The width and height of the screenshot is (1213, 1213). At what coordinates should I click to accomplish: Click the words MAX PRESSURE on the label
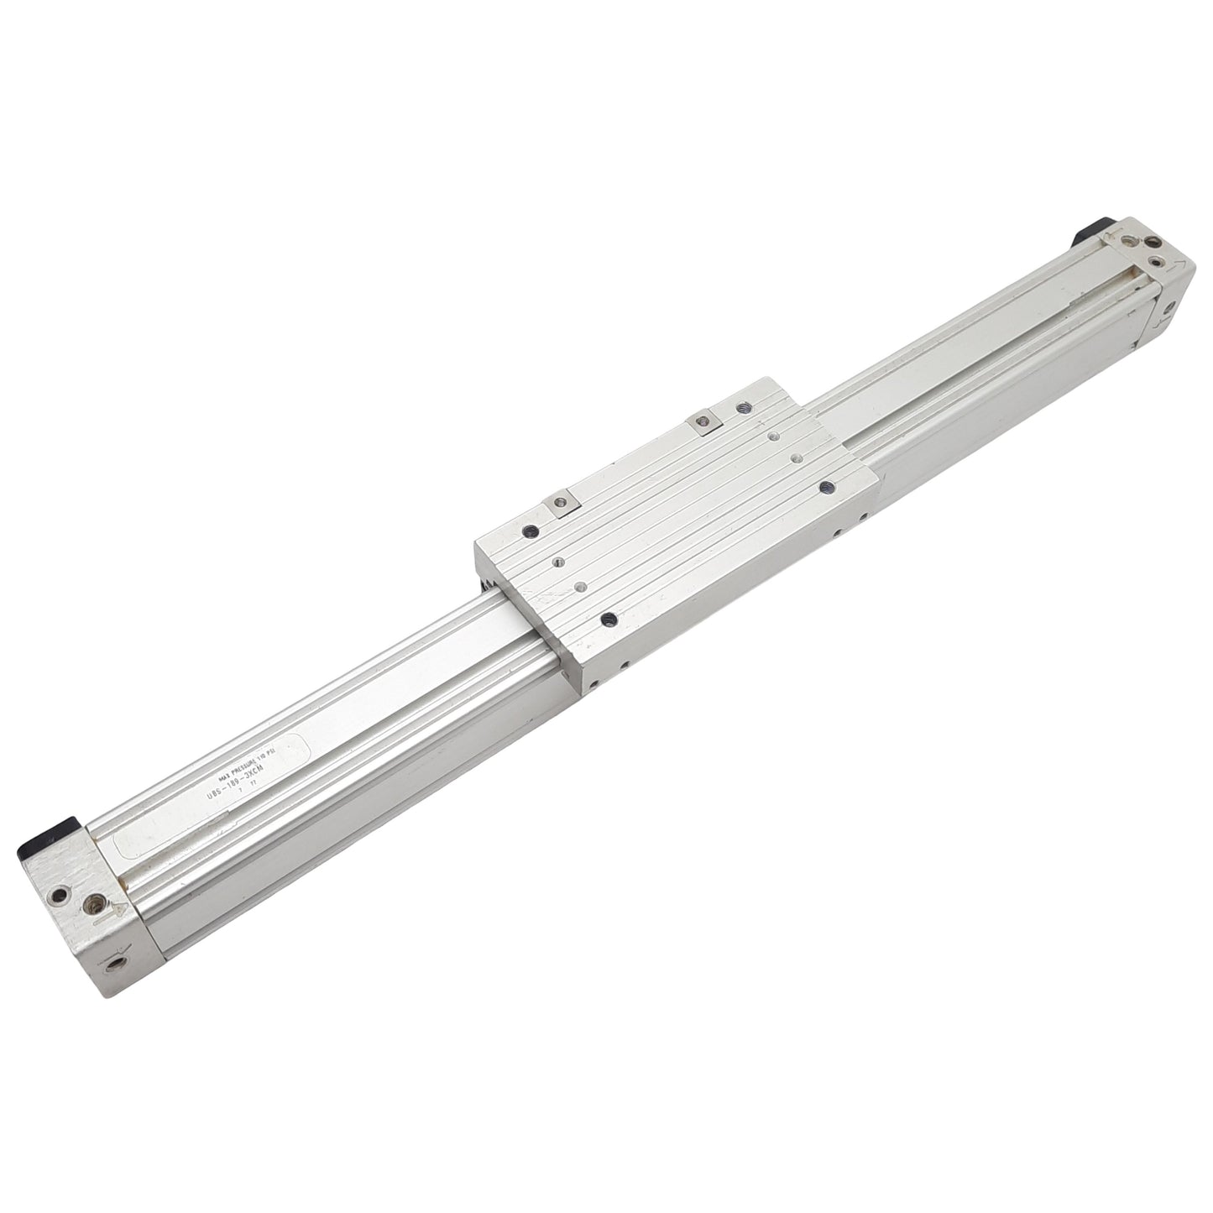click(233, 753)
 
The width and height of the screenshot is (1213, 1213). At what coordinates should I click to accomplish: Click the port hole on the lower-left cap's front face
click(114, 959)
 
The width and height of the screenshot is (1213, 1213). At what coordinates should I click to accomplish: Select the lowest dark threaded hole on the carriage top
click(610, 620)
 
